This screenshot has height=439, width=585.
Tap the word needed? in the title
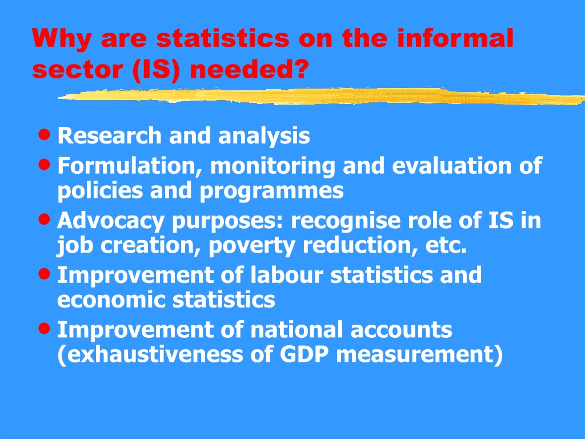[x=250, y=69]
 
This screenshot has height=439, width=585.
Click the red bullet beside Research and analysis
[x=45, y=134]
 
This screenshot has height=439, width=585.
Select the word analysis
[x=264, y=136]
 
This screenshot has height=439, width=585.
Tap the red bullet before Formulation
[x=45, y=164]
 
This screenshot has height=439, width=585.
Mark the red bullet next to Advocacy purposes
[x=45, y=219]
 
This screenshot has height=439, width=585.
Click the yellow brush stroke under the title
[x=322, y=96]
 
